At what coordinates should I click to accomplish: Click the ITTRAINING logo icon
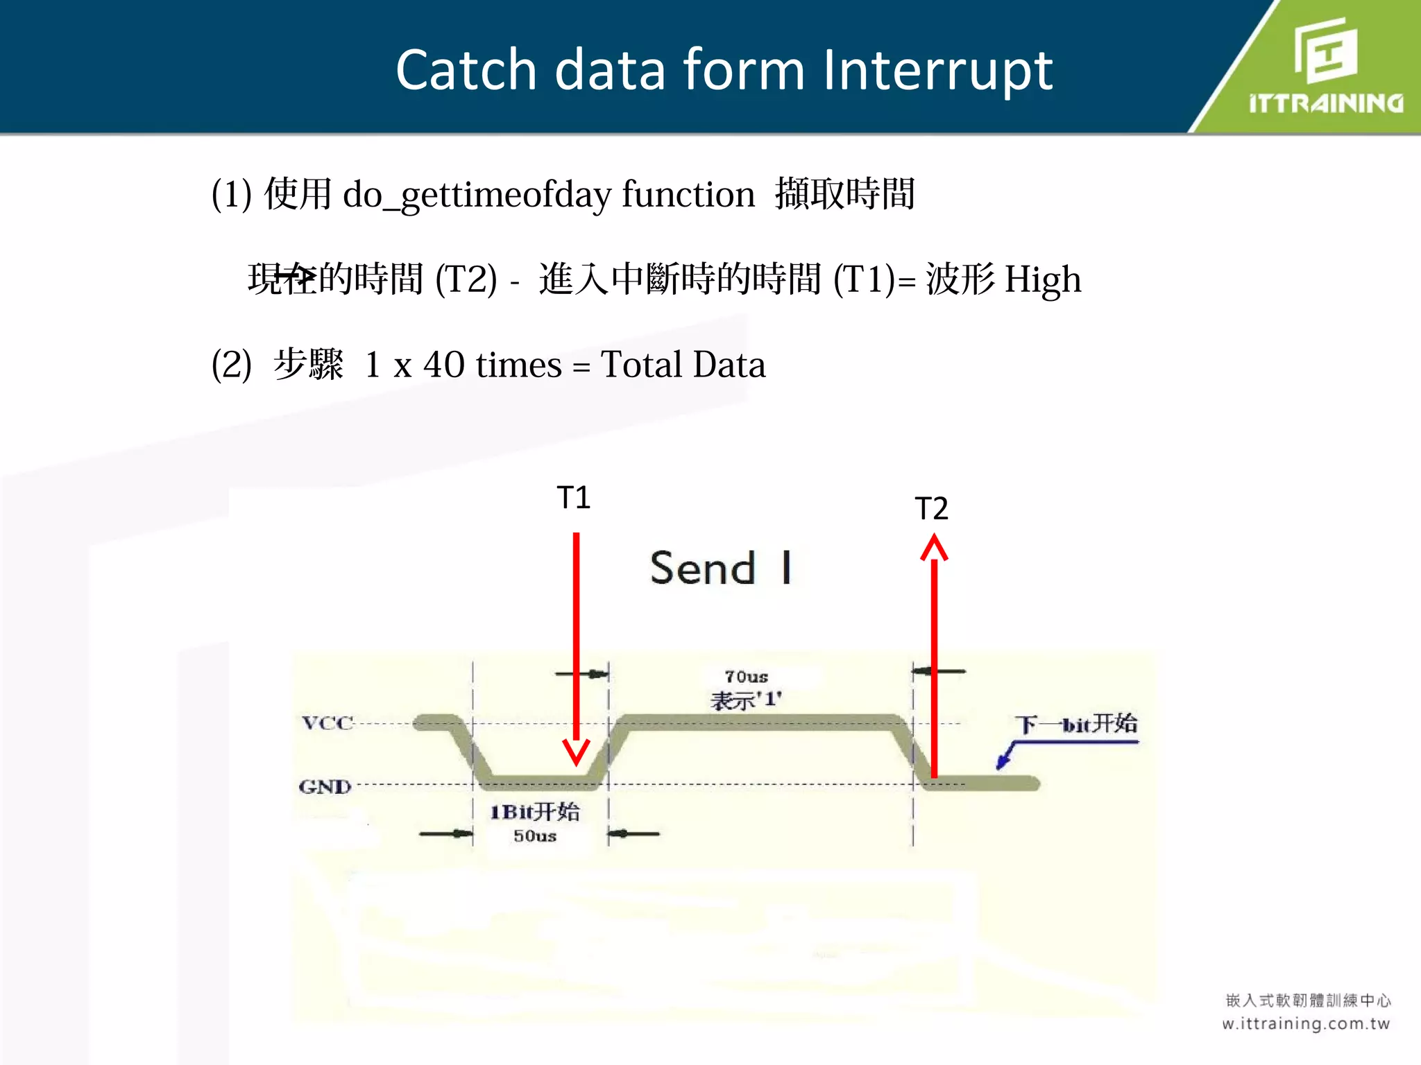tap(1325, 50)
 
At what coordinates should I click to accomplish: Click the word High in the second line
tap(1042, 280)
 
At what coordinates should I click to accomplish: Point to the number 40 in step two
tap(443, 364)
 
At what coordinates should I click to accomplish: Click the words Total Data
tap(683, 364)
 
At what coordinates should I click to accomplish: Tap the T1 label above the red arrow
tap(574, 498)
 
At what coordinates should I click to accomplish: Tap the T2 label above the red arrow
tap(931, 509)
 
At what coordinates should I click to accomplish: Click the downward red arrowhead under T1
tap(576, 752)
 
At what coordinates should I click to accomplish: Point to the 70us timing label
tap(746, 677)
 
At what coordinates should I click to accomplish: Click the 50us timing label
tap(535, 836)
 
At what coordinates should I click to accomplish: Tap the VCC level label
tap(327, 723)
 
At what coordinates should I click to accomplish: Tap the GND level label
tap(325, 787)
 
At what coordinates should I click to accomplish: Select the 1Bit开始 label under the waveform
tap(535, 812)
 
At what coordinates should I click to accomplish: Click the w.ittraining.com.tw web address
tap(1306, 1024)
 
